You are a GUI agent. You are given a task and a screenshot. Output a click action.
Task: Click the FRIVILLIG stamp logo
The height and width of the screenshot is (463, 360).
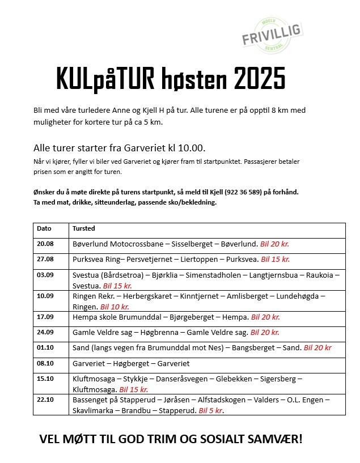(270, 37)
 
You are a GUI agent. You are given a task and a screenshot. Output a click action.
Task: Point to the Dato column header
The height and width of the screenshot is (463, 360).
(44, 228)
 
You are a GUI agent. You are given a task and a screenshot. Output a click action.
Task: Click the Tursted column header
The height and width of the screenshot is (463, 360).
(84, 228)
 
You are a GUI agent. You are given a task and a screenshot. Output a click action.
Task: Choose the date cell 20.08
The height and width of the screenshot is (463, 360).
(45, 244)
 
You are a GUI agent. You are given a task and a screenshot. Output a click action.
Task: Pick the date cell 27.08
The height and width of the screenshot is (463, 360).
(45, 259)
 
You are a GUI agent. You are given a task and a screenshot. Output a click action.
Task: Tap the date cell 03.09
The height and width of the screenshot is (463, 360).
(45, 274)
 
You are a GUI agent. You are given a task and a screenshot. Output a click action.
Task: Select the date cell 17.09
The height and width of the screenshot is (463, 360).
(45, 317)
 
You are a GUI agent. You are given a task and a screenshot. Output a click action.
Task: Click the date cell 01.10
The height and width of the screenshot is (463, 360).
(45, 347)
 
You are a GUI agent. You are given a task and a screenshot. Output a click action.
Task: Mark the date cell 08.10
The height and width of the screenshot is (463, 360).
(45, 363)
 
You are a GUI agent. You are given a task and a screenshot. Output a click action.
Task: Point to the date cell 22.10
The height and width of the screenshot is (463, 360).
(45, 400)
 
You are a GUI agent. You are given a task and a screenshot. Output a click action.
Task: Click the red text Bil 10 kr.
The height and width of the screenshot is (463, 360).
(115, 306)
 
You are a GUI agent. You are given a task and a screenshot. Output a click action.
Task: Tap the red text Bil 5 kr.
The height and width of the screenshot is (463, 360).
(211, 410)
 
